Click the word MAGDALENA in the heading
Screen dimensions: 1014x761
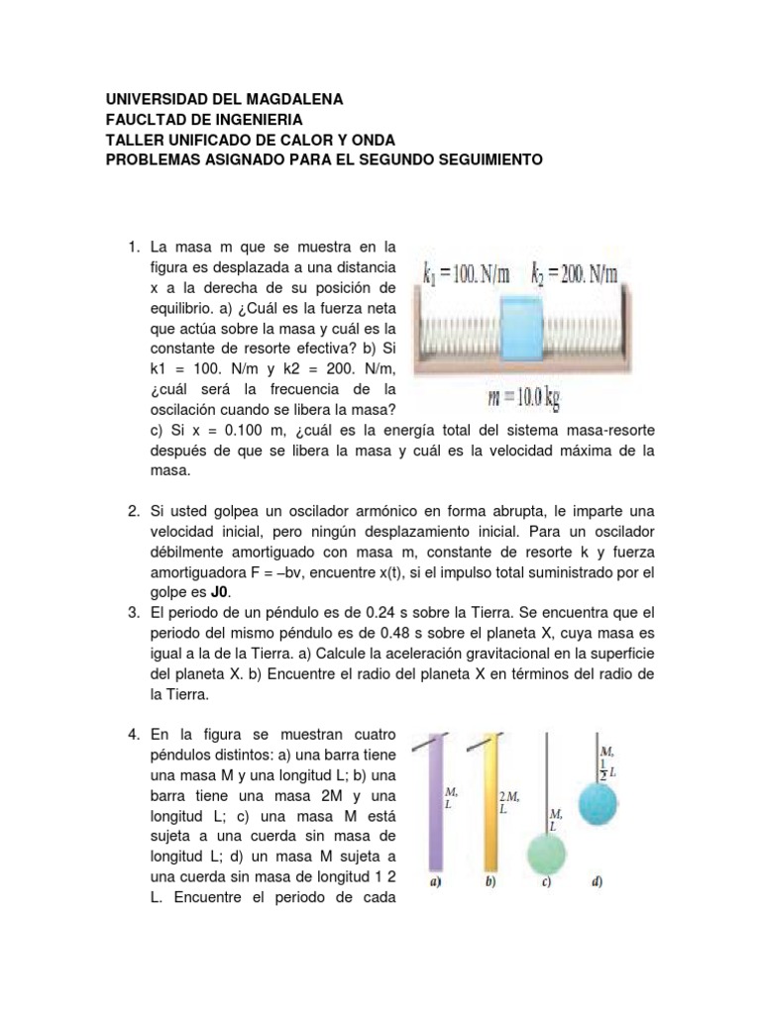point(294,100)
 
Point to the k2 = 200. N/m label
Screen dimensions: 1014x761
point(574,274)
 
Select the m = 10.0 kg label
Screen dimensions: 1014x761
point(524,398)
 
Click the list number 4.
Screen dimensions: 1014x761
point(134,735)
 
